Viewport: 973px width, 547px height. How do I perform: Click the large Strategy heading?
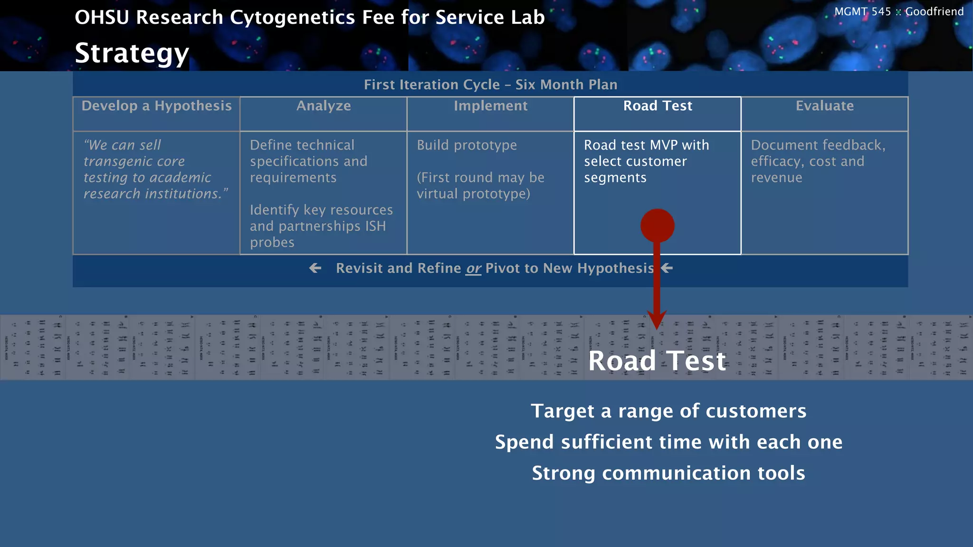click(x=132, y=53)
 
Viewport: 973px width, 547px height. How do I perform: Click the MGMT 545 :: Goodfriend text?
click(x=898, y=11)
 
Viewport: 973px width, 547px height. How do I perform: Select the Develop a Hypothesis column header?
click(x=156, y=106)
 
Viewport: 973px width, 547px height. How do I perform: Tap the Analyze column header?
click(x=324, y=106)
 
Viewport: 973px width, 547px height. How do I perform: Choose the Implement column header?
click(x=490, y=106)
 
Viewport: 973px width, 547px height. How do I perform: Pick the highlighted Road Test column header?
click(x=658, y=106)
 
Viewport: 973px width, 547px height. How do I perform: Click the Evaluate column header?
click(x=824, y=106)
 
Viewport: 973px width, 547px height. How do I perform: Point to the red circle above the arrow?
click(x=657, y=226)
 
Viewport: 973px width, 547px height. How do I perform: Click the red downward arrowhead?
click(x=657, y=321)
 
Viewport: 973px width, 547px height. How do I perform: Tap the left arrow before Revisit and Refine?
click(x=315, y=268)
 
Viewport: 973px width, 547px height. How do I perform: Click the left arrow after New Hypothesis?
click(x=667, y=268)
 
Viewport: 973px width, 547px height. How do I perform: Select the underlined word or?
click(x=473, y=269)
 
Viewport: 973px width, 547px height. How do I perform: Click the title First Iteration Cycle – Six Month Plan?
click(x=490, y=85)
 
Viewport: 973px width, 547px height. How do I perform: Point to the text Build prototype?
click(x=467, y=145)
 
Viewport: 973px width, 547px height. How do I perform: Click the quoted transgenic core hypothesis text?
click(x=155, y=169)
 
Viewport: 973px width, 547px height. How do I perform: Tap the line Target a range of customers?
click(x=668, y=411)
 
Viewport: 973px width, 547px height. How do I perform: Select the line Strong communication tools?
click(x=668, y=473)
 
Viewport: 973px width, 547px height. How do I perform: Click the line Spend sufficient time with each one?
click(x=668, y=442)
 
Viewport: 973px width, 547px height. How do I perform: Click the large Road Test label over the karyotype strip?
click(x=657, y=361)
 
